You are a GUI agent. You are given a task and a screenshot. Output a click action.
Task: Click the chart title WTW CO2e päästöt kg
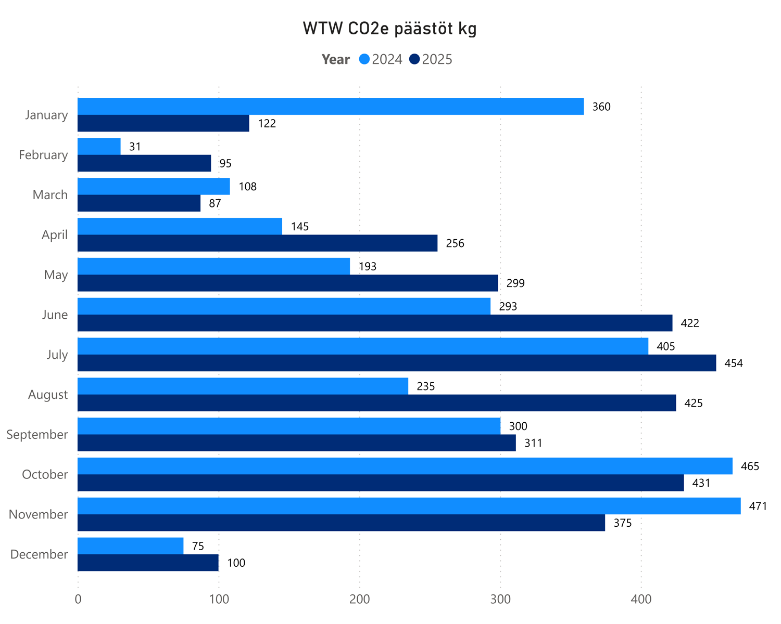point(390,29)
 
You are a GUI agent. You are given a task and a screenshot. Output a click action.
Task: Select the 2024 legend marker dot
point(364,59)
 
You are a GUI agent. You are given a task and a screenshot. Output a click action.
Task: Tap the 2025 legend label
point(437,59)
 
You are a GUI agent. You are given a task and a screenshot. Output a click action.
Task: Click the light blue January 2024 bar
point(331,107)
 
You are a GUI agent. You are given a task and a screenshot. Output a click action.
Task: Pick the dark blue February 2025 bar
point(144,163)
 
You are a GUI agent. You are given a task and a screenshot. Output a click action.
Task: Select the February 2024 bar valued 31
point(99,147)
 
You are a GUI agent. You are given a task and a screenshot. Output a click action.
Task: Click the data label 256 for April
point(455,243)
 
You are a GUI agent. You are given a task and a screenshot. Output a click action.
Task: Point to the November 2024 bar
point(409,506)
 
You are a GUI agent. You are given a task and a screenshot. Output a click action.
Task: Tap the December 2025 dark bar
point(148,563)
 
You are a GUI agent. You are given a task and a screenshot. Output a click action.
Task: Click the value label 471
point(758,506)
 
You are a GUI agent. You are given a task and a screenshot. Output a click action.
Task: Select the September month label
point(37,434)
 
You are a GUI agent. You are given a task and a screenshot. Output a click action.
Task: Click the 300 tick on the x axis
point(500,599)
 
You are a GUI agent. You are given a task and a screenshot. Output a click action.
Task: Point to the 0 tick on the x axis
point(78,599)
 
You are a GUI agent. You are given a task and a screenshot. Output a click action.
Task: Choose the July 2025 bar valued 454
point(397,363)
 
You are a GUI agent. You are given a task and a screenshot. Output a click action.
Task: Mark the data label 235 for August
point(426,386)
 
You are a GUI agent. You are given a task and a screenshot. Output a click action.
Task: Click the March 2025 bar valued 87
point(139,203)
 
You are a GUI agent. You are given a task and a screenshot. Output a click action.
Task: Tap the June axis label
point(55,315)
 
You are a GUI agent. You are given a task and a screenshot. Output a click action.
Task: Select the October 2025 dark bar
point(381,483)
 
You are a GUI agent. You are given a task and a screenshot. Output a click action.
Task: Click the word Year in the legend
point(336,59)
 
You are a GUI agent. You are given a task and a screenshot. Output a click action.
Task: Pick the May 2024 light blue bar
point(214,266)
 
